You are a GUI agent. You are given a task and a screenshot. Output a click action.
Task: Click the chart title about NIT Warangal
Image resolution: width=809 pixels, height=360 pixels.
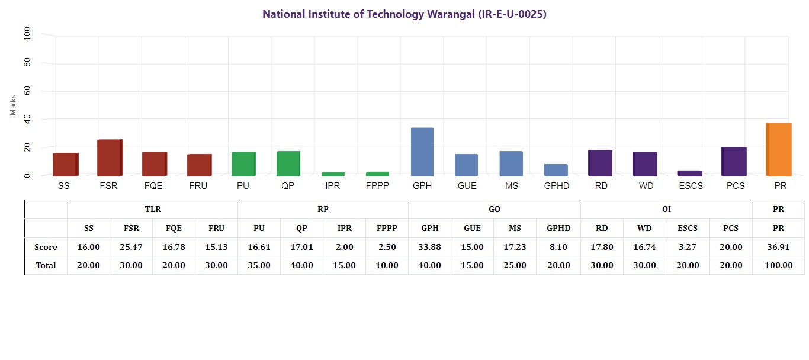[404, 14]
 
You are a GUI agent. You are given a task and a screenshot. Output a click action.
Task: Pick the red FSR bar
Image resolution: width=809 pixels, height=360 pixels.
[110, 158]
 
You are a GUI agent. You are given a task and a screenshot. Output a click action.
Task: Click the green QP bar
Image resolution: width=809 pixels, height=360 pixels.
[288, 164]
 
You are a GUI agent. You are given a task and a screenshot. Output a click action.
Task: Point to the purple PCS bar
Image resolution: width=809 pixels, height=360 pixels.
[734, 162]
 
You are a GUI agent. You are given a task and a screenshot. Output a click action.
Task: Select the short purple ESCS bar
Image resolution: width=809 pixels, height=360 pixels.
[689, 173]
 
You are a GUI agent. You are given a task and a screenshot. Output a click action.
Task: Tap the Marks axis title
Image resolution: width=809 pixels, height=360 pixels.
[13, 104]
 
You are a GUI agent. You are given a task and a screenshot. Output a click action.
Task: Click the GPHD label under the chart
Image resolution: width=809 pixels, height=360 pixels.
[557, 186]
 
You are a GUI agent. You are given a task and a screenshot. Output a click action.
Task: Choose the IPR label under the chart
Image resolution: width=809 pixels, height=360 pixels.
[332, 186]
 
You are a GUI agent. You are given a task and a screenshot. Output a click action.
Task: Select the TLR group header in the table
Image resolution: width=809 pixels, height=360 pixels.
[153, 209]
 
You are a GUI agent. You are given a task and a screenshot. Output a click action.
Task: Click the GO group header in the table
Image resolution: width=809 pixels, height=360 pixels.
[494, 209]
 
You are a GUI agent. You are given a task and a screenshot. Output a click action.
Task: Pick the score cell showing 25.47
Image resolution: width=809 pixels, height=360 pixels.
[131, 247]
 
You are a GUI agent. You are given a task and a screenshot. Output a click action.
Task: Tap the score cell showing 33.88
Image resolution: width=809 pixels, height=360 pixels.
[429, 247]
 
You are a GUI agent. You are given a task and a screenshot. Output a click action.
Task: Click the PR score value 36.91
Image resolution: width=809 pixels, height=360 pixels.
[778, 247]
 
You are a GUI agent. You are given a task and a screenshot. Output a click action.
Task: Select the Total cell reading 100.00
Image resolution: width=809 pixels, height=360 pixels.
[778, 265]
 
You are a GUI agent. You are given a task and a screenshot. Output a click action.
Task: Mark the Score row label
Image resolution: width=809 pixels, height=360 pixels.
[46, 247]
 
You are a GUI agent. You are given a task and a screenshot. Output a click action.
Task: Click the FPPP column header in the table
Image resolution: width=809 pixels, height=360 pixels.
[387, 228]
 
